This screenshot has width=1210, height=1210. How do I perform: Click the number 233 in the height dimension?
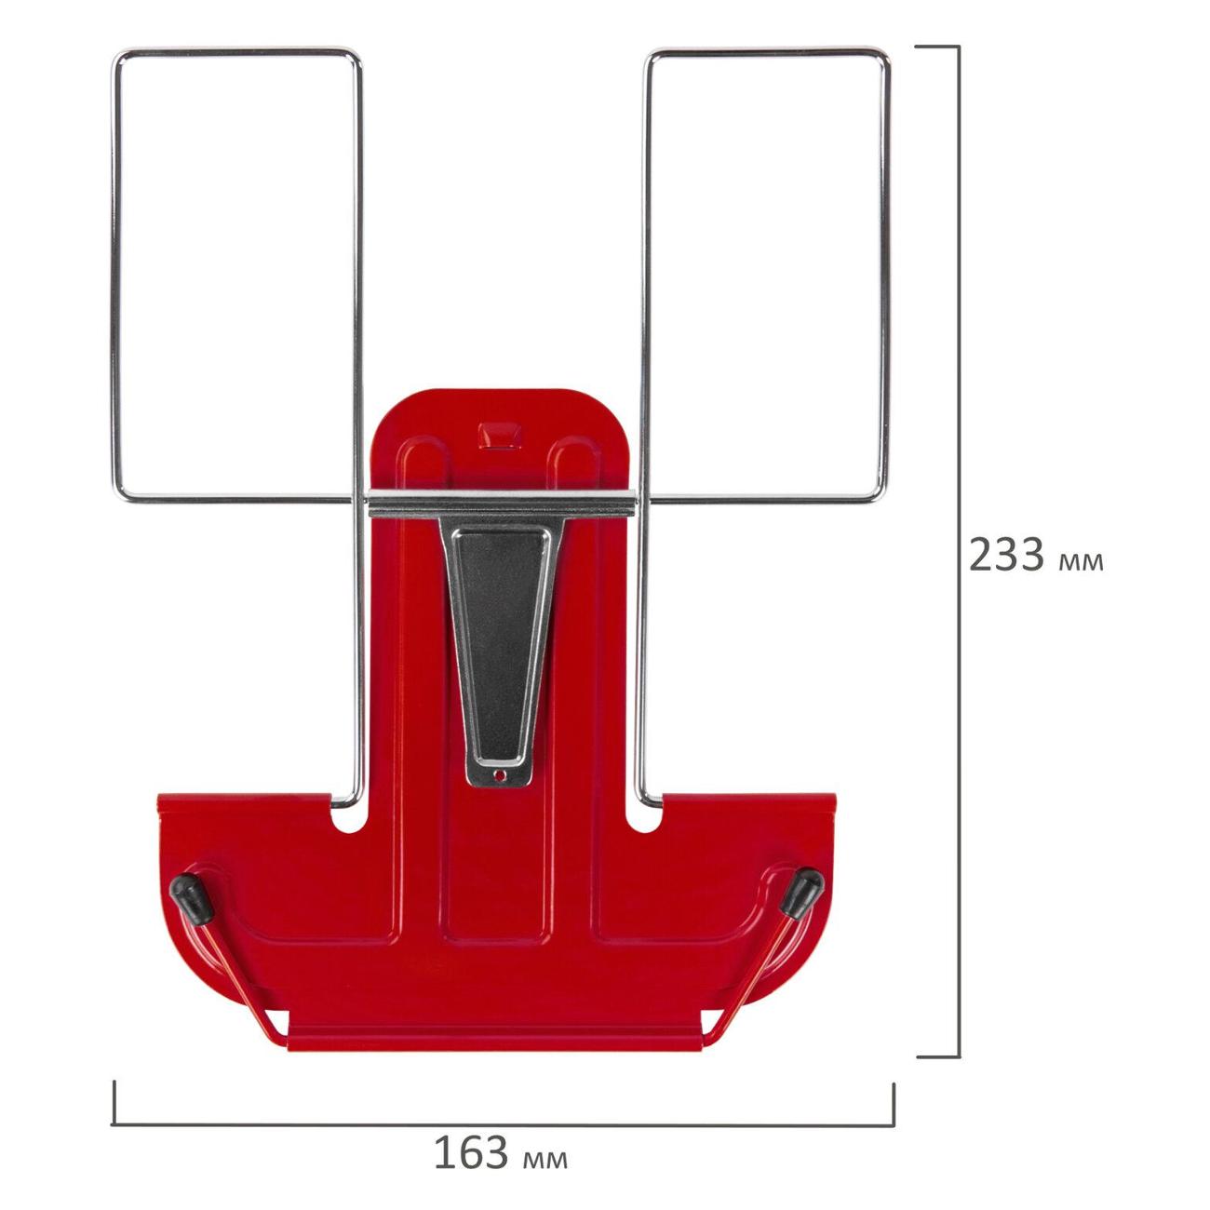click(1006, 555)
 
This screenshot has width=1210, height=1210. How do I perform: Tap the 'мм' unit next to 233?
click(1081, 562)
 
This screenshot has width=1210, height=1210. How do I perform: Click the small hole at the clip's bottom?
click(500, 776)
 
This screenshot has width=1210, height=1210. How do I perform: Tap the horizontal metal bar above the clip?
click(502, 504)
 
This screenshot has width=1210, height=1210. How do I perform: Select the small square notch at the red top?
click(499, 436)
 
